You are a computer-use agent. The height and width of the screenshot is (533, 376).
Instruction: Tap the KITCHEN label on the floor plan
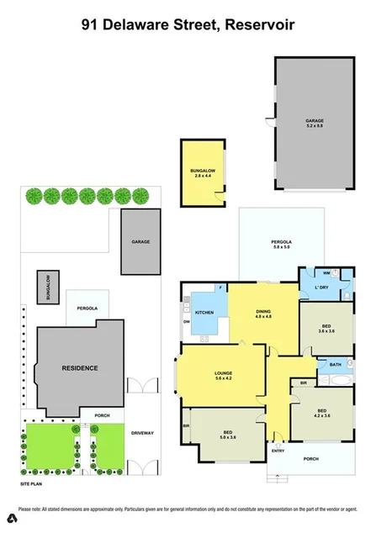(204, 313)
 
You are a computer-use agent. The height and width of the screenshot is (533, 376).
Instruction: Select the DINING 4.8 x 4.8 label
(263, 314)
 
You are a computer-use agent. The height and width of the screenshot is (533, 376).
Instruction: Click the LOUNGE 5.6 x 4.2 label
(223, 374)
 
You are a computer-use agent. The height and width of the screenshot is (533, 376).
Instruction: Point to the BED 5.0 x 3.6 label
(227, 433)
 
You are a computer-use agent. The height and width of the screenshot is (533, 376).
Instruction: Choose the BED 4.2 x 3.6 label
(322, 412)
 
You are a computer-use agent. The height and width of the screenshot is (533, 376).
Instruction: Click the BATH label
(335, 364)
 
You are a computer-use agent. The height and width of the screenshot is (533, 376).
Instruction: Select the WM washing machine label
(312, 273)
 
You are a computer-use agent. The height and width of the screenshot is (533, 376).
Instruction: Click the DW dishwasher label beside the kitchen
(185, 320)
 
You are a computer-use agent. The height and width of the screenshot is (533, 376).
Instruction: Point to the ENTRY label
(278, 450)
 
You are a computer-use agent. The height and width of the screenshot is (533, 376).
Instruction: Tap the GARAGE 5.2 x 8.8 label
(315, 124)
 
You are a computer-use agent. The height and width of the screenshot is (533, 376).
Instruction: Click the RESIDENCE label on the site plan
(79, 367)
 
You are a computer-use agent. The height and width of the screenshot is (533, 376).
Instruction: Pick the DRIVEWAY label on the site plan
(141, 432)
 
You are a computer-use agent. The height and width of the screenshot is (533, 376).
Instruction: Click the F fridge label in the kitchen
(221, 288)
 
